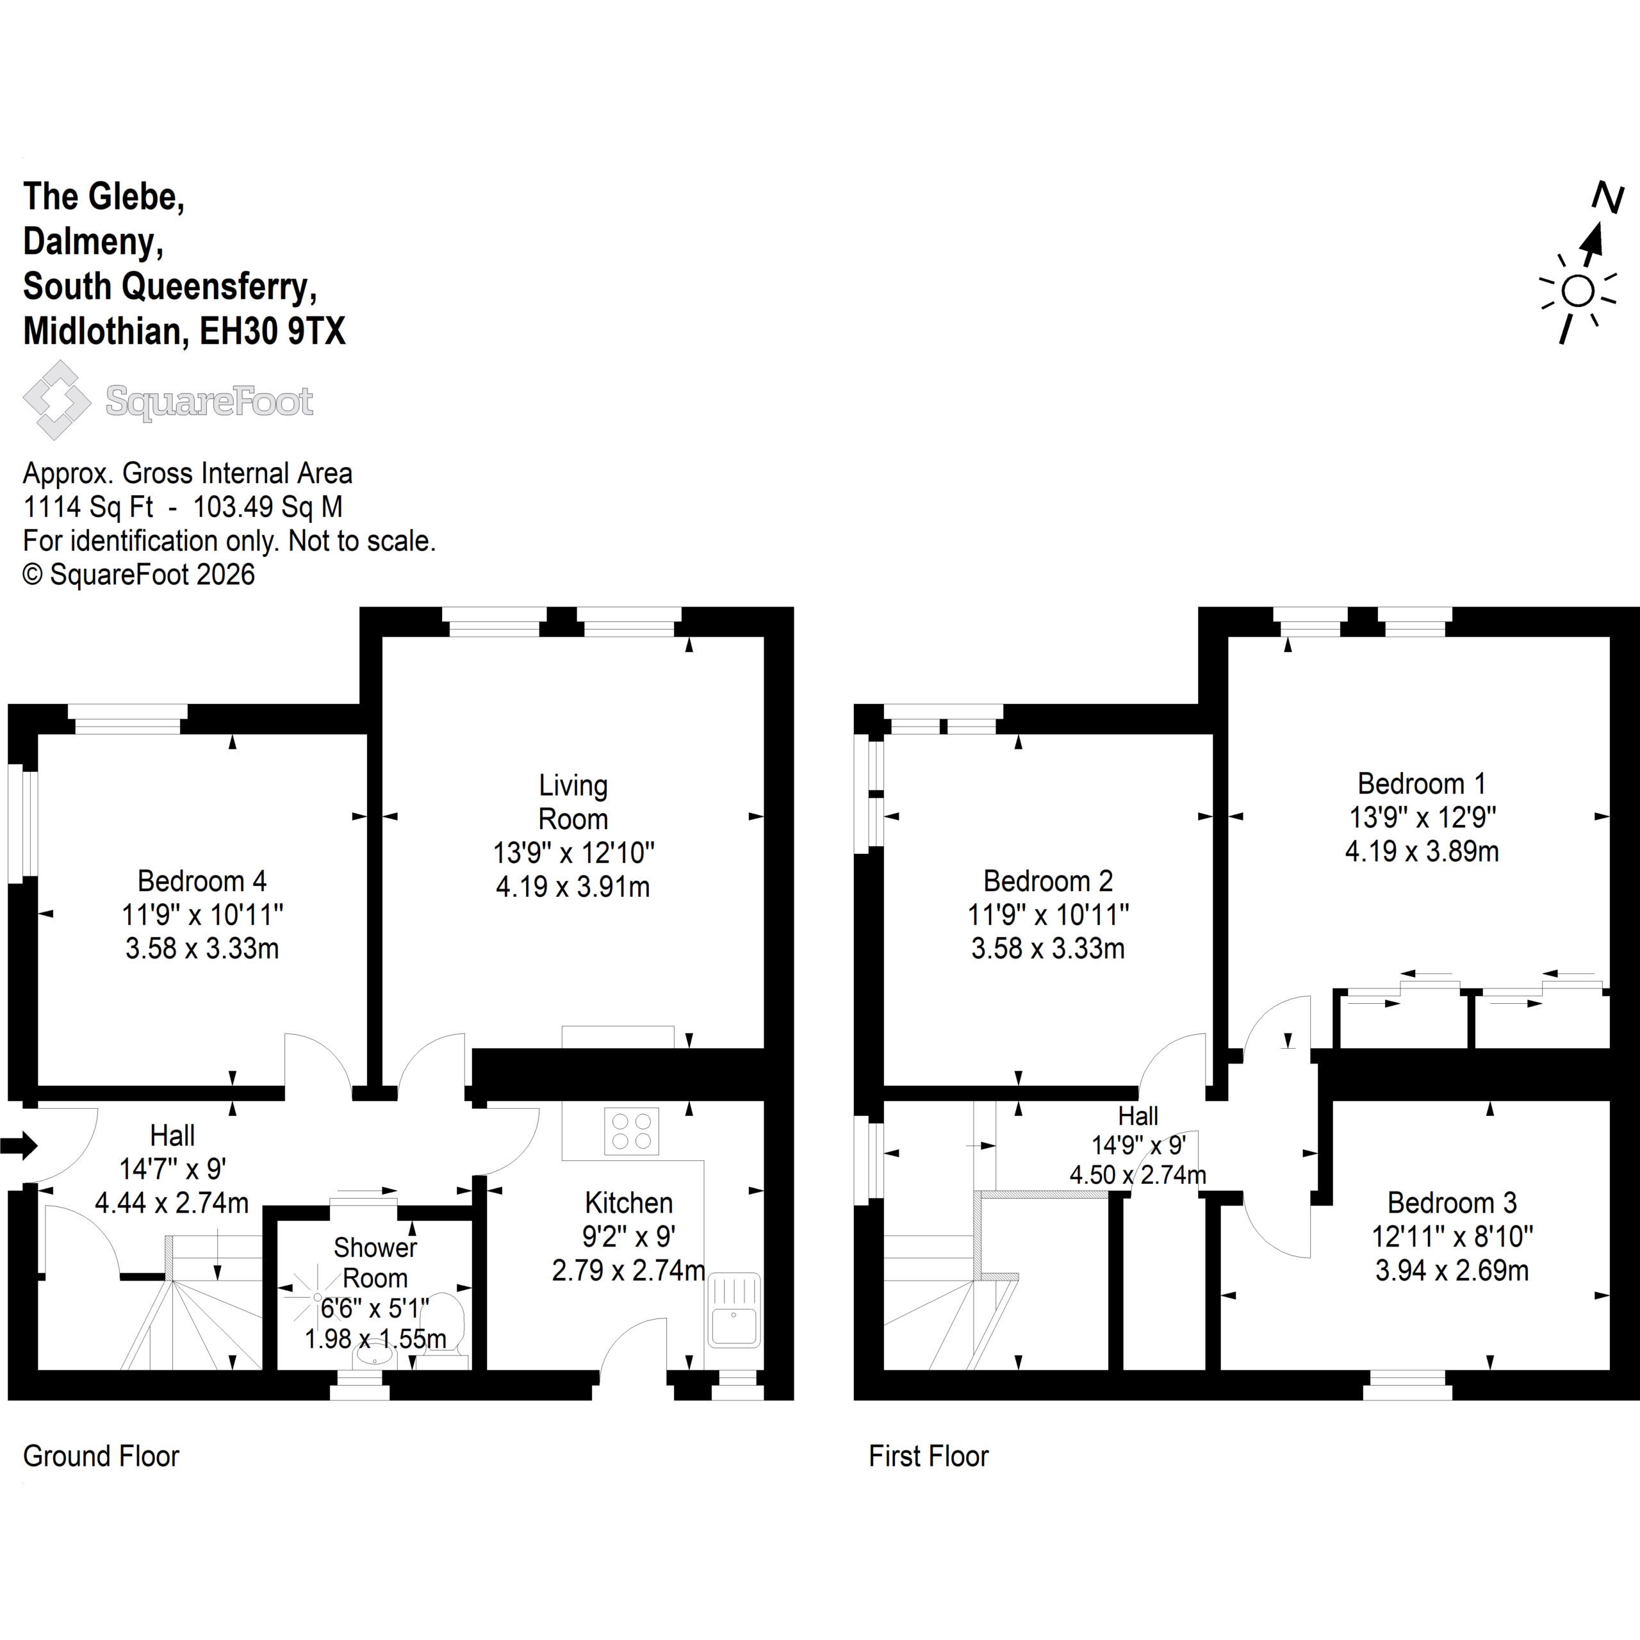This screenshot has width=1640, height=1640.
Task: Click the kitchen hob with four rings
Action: [632, 1131]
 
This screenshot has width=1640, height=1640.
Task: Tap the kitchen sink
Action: [734, 1311]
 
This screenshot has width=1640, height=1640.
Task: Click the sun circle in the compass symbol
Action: [1578, 291]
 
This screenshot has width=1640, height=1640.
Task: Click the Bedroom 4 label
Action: [202, 881]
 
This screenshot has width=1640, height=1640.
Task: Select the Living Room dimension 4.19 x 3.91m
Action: [573, 887]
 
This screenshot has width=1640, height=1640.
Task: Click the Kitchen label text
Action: [629, 1203]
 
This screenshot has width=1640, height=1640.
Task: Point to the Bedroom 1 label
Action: [1422, 783]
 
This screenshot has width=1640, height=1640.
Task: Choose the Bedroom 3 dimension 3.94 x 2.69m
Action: [1452, 1271]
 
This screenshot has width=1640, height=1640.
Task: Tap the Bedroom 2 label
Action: [1048, 881]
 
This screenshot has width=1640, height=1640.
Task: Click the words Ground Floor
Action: [101, 1455]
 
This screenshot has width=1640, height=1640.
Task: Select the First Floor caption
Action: [929, 1455]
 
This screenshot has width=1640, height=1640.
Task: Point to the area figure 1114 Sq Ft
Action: [88, 507]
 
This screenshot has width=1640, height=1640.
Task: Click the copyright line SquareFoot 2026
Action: [138, 575]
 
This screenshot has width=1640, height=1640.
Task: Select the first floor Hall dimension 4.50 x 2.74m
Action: [1138, 1175]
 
